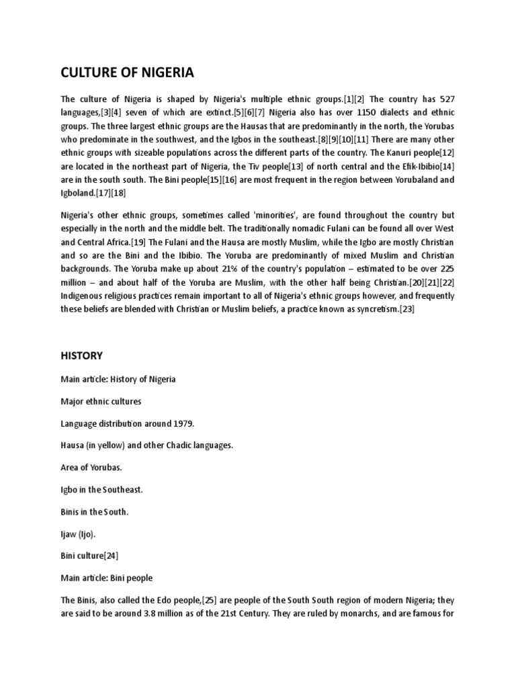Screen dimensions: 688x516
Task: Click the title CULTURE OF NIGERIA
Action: [127, 72]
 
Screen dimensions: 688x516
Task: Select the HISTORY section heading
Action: [82, 355]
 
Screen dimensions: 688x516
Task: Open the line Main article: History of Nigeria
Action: [118, 379]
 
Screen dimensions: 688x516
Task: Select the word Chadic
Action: [177, 445]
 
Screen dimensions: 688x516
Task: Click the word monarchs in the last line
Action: [359, 614]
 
